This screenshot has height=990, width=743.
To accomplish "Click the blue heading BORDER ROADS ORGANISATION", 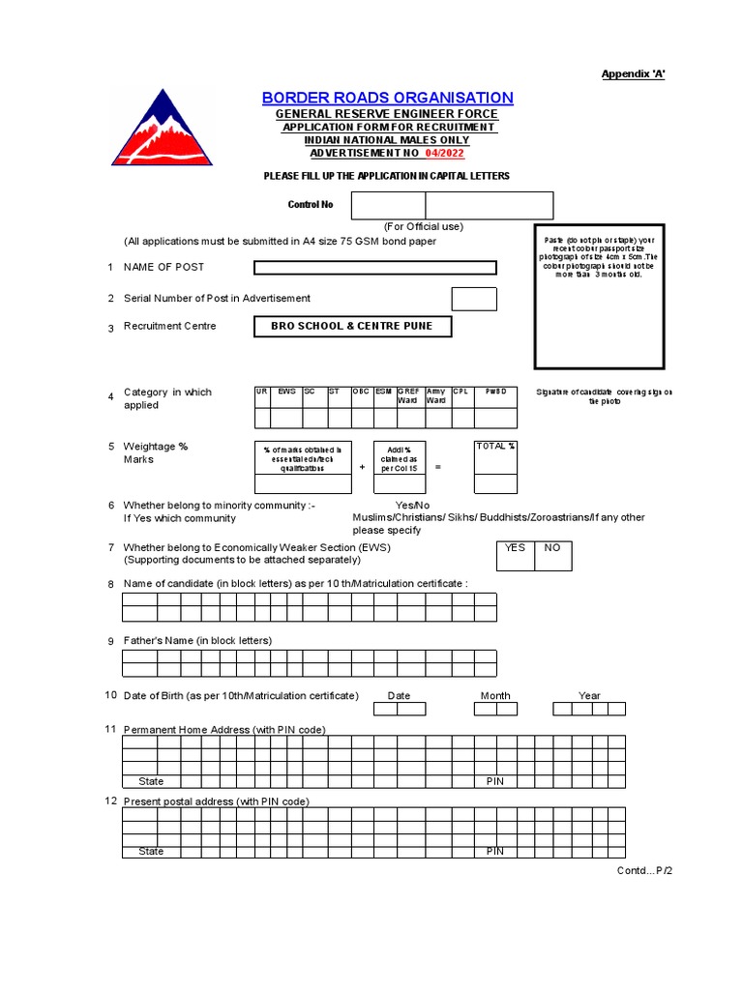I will (387, 98).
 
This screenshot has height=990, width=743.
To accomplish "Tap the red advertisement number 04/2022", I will (445, 153).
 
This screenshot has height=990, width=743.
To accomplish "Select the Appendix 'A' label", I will (633, 74).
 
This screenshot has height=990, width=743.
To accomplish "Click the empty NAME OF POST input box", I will (374, 268).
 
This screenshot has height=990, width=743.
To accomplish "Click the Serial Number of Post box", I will (474, 299).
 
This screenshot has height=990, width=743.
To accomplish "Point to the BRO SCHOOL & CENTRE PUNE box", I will (352, 327).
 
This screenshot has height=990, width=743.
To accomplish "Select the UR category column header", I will (262, 392).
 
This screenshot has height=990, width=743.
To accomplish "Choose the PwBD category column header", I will (495, 392).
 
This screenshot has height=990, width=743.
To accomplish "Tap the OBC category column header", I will (361, 392).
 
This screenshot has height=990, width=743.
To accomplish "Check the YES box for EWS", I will (515, 554).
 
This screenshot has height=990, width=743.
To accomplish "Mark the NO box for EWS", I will (552, 554).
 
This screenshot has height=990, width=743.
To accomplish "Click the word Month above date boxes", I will (495, 695).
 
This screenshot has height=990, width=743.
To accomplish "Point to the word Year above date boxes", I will (589, 695).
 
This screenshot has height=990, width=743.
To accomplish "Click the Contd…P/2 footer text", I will (644, 871).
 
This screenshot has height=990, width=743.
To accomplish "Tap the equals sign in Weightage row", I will (437, 467).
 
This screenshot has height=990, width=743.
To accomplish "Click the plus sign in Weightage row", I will (362, 467).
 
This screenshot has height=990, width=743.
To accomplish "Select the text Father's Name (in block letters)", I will (197, 640).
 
